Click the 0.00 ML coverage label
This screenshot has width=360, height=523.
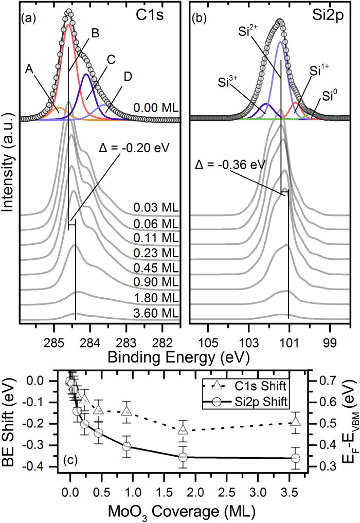155,109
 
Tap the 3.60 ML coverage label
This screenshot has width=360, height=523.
155,313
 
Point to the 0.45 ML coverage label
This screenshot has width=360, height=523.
155,267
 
